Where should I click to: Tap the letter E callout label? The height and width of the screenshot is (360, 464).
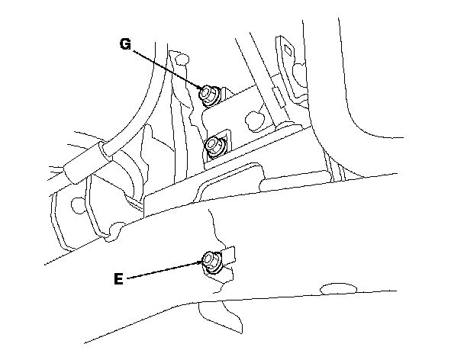coord(118,279)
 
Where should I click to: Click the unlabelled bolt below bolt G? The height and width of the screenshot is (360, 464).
coord(215,144)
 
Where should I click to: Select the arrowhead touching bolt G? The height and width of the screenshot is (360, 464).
coord(200,88)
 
